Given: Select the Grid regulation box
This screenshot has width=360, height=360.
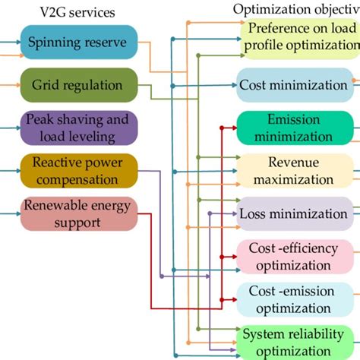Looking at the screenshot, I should tap(79, 85).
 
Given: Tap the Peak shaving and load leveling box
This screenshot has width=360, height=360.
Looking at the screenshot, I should tap(79, 128).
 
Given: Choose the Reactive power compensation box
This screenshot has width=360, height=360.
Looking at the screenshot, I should tap(79, 171).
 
